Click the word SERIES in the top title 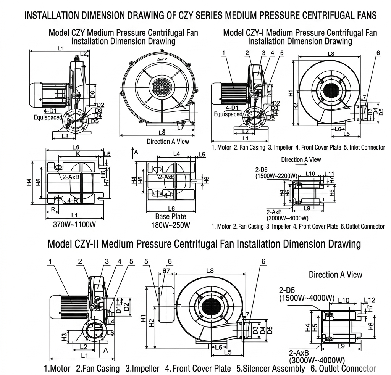pyautogui.click(x=207, y=15)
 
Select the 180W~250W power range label pyautogui.click(x=170, y=225)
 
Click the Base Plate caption pyautogui.click(x=170, y=217)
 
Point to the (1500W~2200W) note pyautogui.click(x=276, y=176)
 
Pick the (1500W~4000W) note pyautogui.click(x=307, y=298)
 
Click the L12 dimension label pyautogui.click(x=370, y=300)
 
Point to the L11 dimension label pyautogui.click(x=330, y=174)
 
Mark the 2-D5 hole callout pyautogui.click(x=288, y=290)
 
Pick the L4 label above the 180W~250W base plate pyautogui.click(x=177, y=154)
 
